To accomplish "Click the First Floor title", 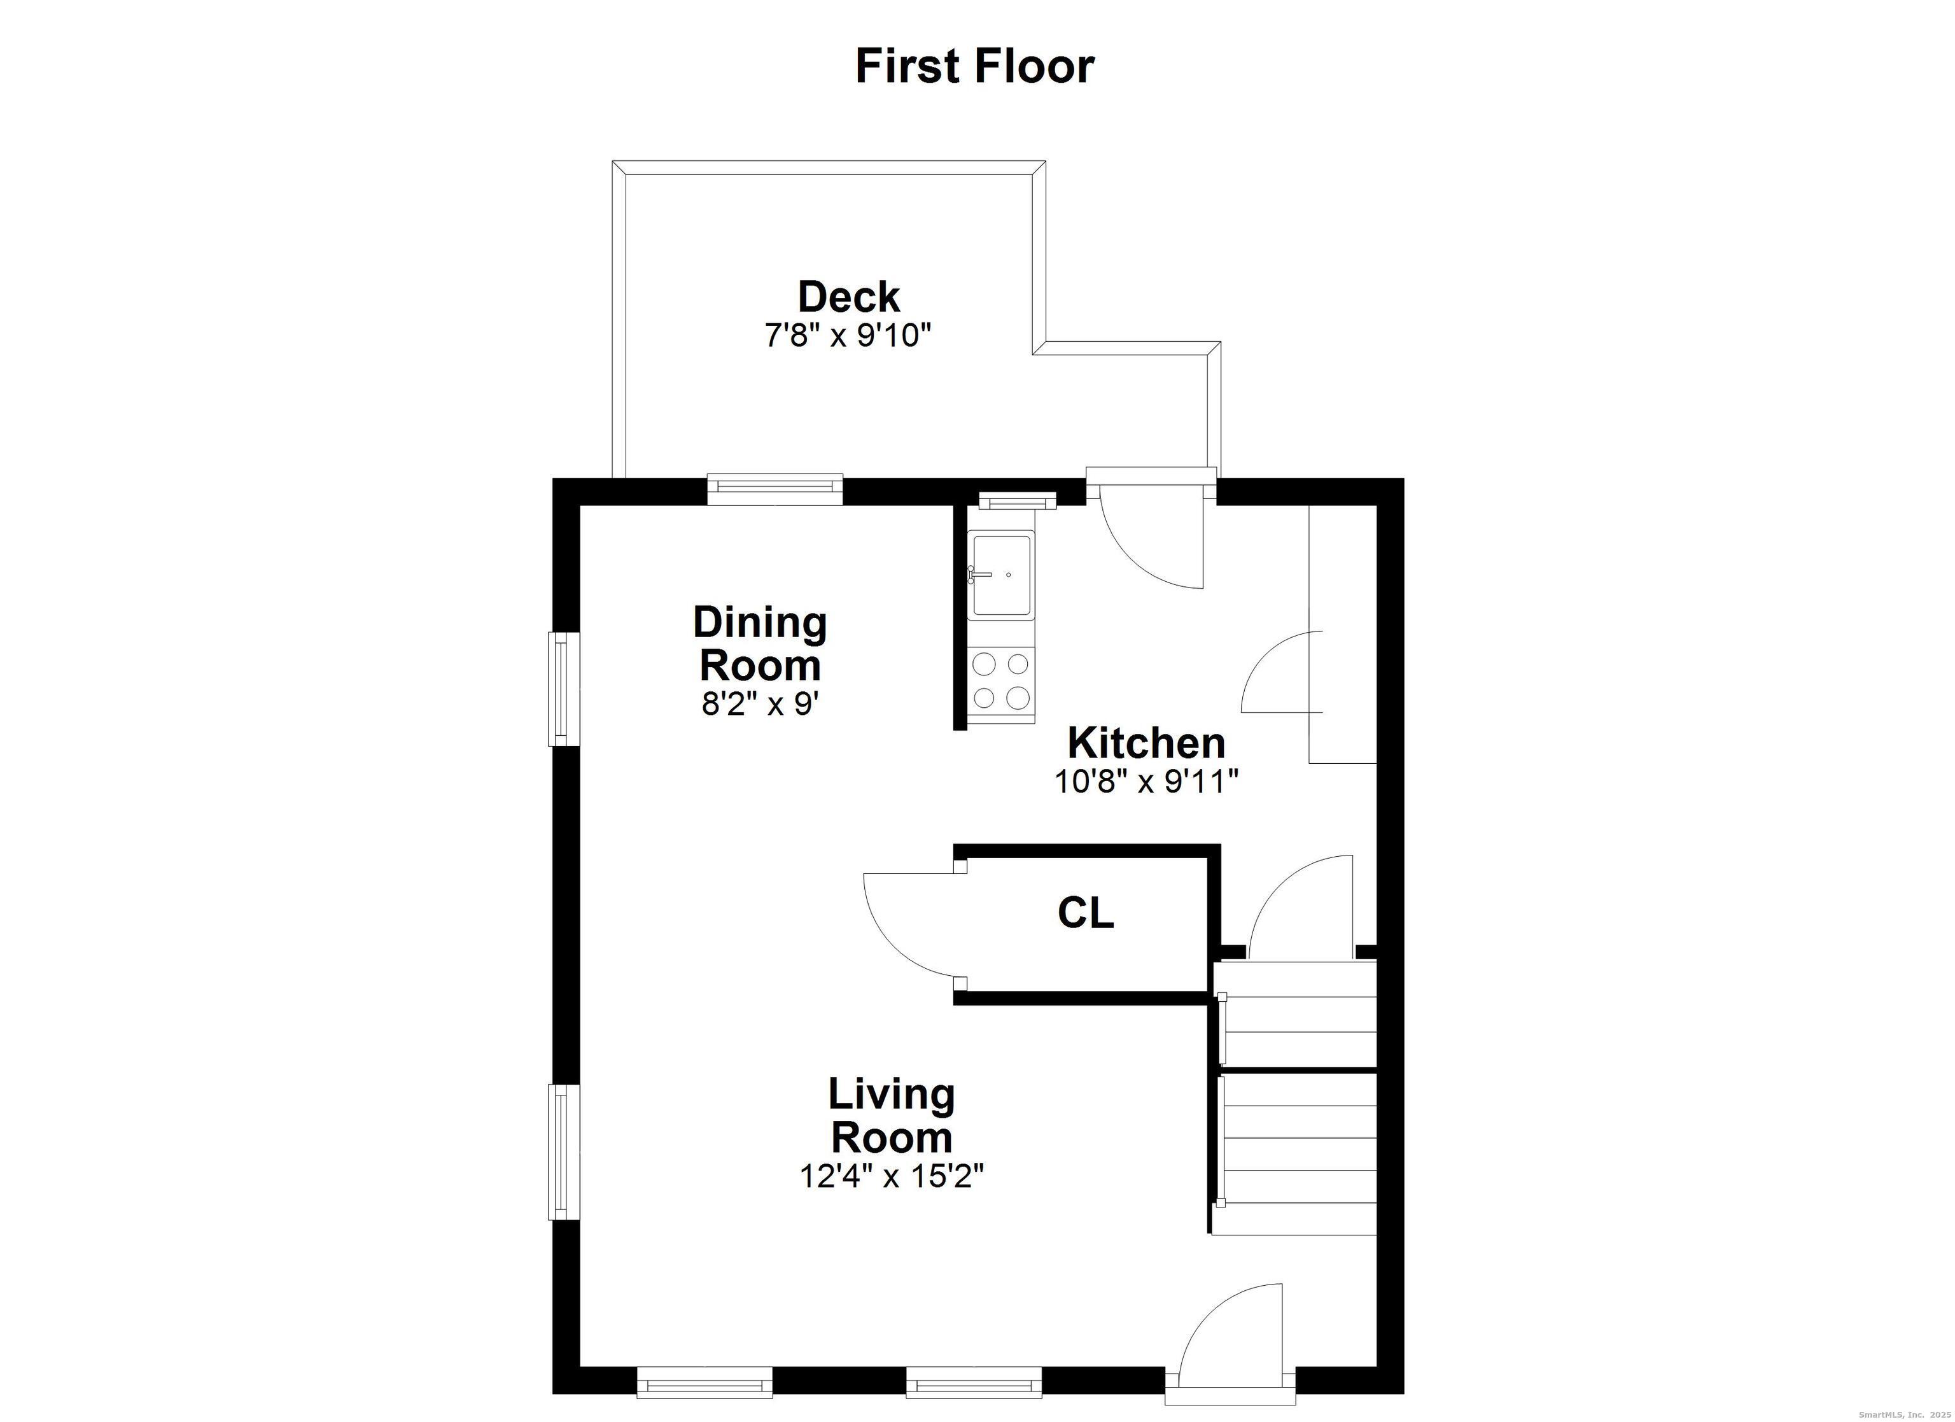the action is coord(975,66).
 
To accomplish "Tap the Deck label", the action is coord(849,297).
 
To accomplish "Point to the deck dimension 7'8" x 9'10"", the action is coord(849,335).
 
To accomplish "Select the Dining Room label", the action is coord(760,644).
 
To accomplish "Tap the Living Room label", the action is coord(892,1116).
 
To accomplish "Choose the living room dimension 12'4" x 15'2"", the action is coord(892,1176).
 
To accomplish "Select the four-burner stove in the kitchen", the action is coord(1001,680).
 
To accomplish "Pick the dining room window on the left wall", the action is coord(564,689).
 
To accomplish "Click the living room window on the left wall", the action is coord(564,1152).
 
